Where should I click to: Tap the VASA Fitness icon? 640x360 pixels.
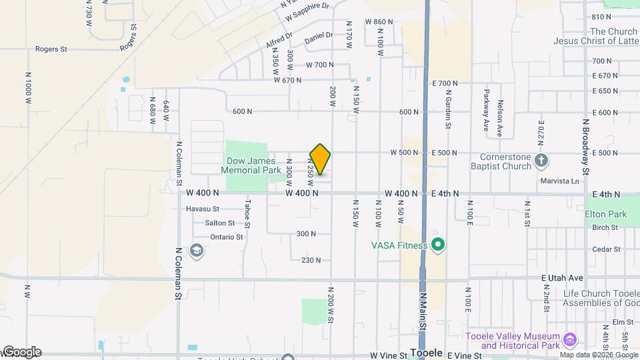tap(438, 245)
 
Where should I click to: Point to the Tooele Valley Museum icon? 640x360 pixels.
tap(569, 341)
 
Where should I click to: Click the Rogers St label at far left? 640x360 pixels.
tap(52, 49)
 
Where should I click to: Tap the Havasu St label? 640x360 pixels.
tap(202, 208)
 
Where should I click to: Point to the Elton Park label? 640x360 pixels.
tap(606, 215)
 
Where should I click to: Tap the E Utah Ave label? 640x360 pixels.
tap(565, 277)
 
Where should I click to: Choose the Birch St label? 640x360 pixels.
tap(605, 227)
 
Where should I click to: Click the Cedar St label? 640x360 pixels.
tap(607, 249)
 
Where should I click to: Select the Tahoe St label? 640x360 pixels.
tap(247, 213)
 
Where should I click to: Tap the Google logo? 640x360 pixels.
tap(21, 352)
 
